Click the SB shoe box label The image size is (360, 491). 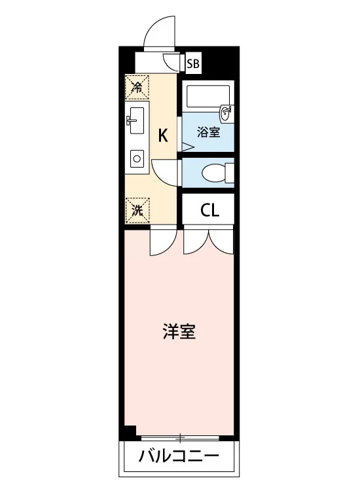pyautogui.click(x=193, y=64)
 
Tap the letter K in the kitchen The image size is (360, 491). pyautogui.click(x=163, y=136)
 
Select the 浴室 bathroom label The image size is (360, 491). pyautogui.click(x=208, y=132)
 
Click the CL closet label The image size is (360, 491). pyautogui.click(x=209, y=210)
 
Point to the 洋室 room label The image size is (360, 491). pyautogui.click(x=179, y=332)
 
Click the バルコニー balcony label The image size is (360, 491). pyautogui.click(x=179, y=456)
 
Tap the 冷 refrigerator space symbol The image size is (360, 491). pyautogui.click(x=137, y=87)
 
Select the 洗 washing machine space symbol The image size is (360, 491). pyautogui.click(x=137, y=210)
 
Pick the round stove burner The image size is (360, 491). pyautogui.click(x=137, y=158)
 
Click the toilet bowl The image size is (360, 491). pyautogui.click(x=214, y=173)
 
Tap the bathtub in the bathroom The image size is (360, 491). pyautogui.click(x=208, y=96)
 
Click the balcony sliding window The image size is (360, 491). pyautogui.click(x=180, y=437)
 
